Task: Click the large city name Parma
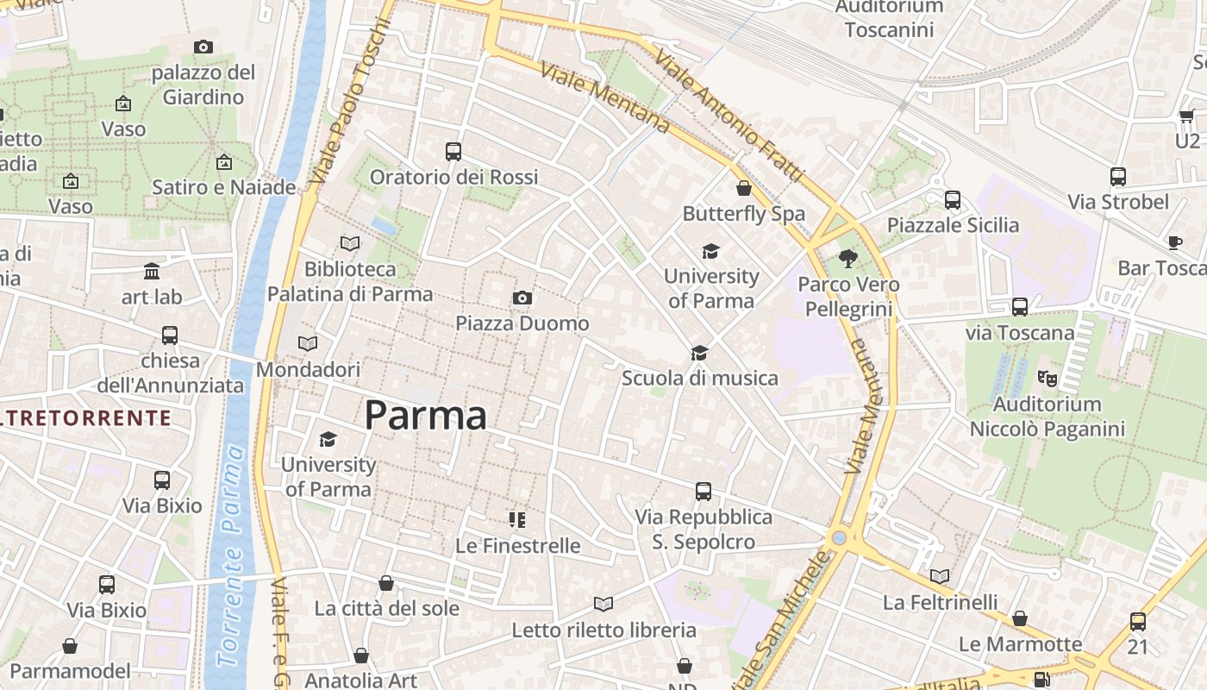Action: (x=425, y=416)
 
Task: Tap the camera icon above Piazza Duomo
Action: (x=522, y=298)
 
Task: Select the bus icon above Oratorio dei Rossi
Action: (x=453, y=152)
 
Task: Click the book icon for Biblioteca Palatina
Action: (x=349, y=244)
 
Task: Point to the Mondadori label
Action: (x=308, y=370)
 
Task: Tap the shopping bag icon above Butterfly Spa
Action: (x=744, y=188)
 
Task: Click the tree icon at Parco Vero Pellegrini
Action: (x=848, y=258)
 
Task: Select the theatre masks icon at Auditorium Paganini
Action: (x=1047, y=378)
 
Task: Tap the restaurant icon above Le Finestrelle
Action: (x=517, y=520)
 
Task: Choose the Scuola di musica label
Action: (x=699, y=378)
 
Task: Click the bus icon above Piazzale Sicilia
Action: (x=953, y=200)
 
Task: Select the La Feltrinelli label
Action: (x=940, y=602)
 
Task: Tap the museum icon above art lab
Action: (x=152, y=272)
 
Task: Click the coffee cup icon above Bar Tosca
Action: (x=1174, y=243)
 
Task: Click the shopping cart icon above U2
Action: (x=1186, y=116)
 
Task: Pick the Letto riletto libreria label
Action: (x=603, y=630)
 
